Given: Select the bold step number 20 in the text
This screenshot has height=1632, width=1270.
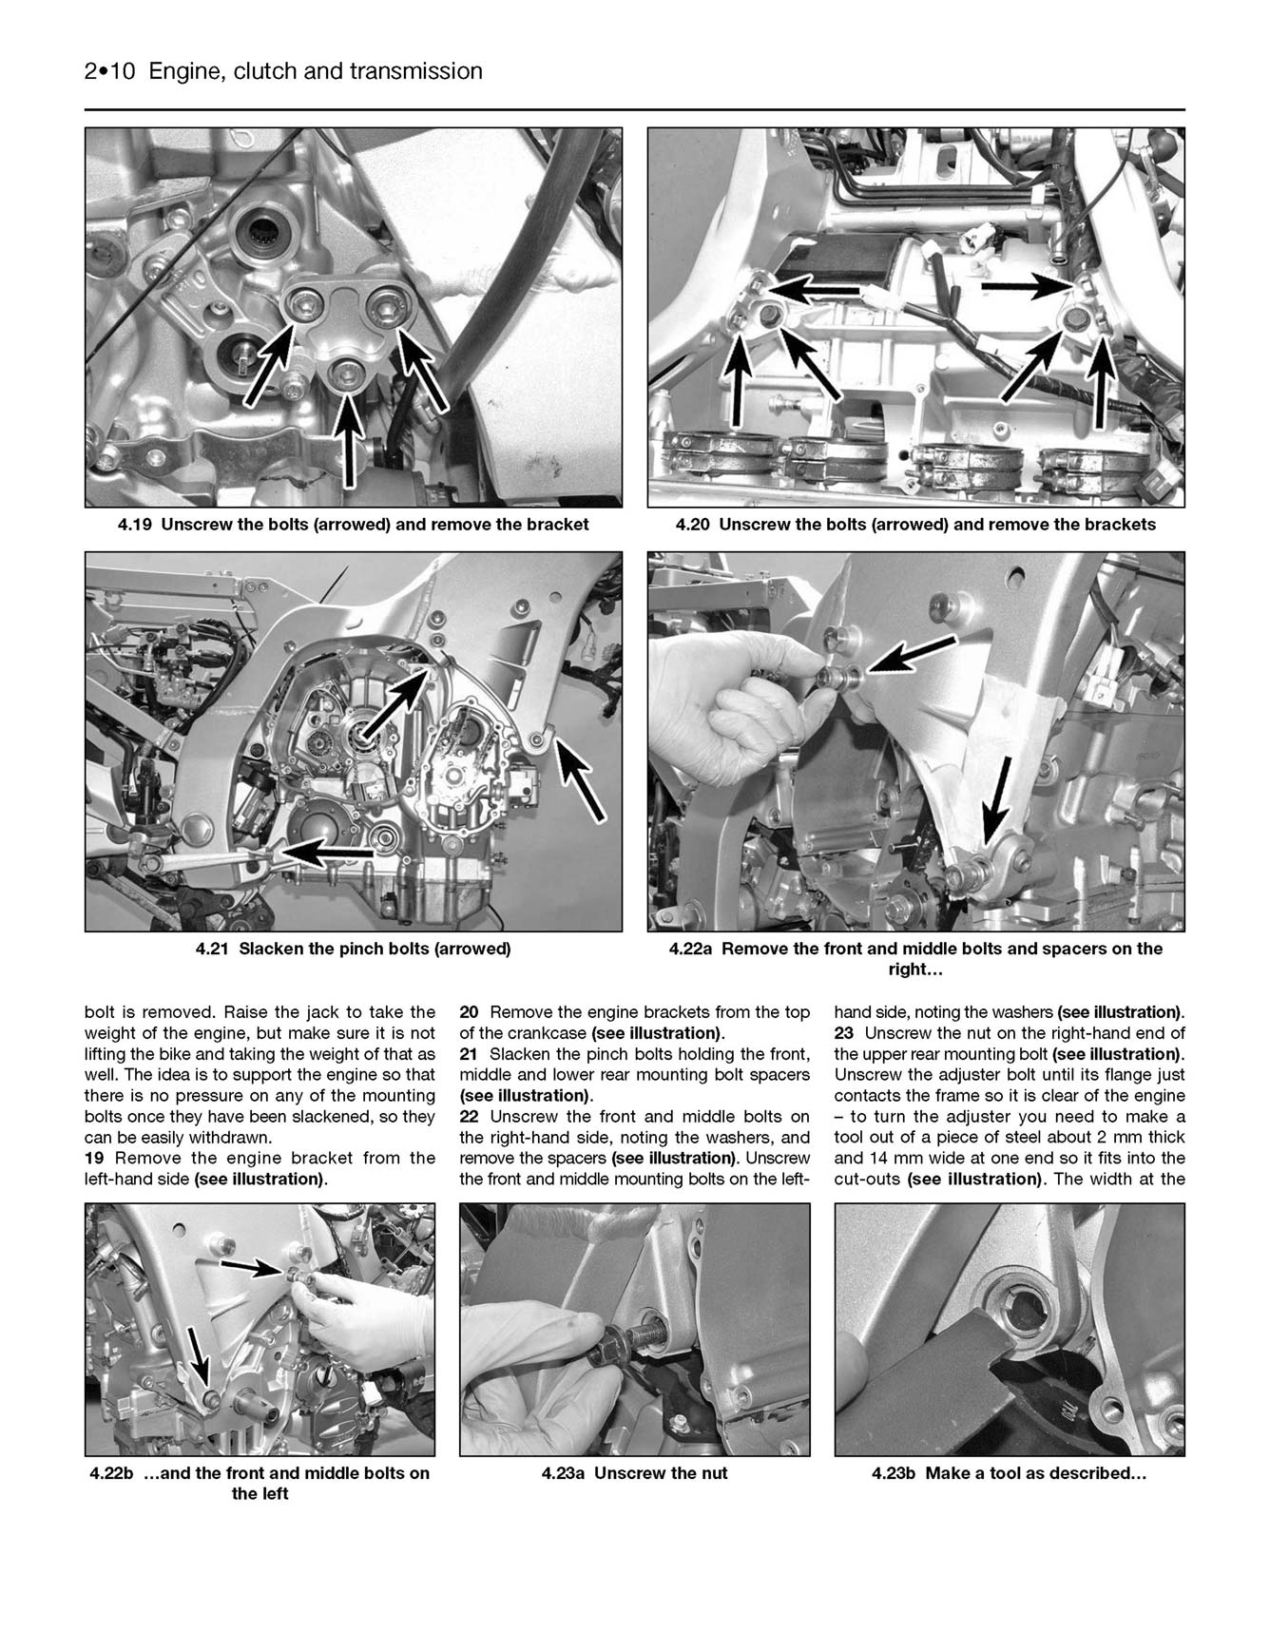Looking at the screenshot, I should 469,1012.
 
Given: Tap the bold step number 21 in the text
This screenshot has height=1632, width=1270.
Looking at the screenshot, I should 469,1054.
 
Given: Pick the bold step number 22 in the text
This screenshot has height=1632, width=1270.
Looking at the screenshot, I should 469,1117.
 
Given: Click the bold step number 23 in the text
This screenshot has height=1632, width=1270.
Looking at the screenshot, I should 844,1033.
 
